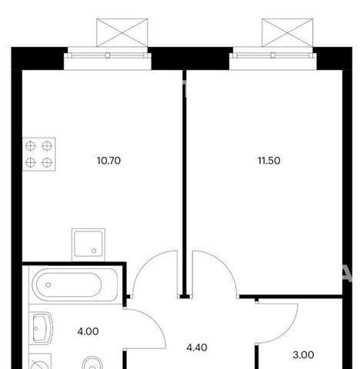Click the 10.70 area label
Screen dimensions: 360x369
point(108,161)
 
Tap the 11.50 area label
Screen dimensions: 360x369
point(268,161)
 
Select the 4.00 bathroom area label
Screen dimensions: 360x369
point(88,331)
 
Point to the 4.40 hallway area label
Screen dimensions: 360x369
point(197,347)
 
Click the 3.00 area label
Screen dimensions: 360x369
point(303,355)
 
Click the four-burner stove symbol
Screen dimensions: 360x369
point(39,155)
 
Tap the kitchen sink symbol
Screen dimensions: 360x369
point(88,244)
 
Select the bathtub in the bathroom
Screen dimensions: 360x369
point(75,284)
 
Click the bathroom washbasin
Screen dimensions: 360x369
point(42,328)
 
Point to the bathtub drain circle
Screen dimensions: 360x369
point(48,284)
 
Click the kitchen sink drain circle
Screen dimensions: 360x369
point(94,251)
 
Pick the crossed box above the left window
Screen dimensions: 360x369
point(122,33)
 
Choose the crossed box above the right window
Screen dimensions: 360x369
point(288,33)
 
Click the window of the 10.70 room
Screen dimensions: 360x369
point(108,55)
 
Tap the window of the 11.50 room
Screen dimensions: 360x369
point(273,55)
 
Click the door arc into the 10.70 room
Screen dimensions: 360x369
point(144,261)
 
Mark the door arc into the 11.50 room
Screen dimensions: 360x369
point(225,261)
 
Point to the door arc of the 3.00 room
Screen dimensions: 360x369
point(291,331)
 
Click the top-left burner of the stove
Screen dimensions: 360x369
point(30,146)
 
